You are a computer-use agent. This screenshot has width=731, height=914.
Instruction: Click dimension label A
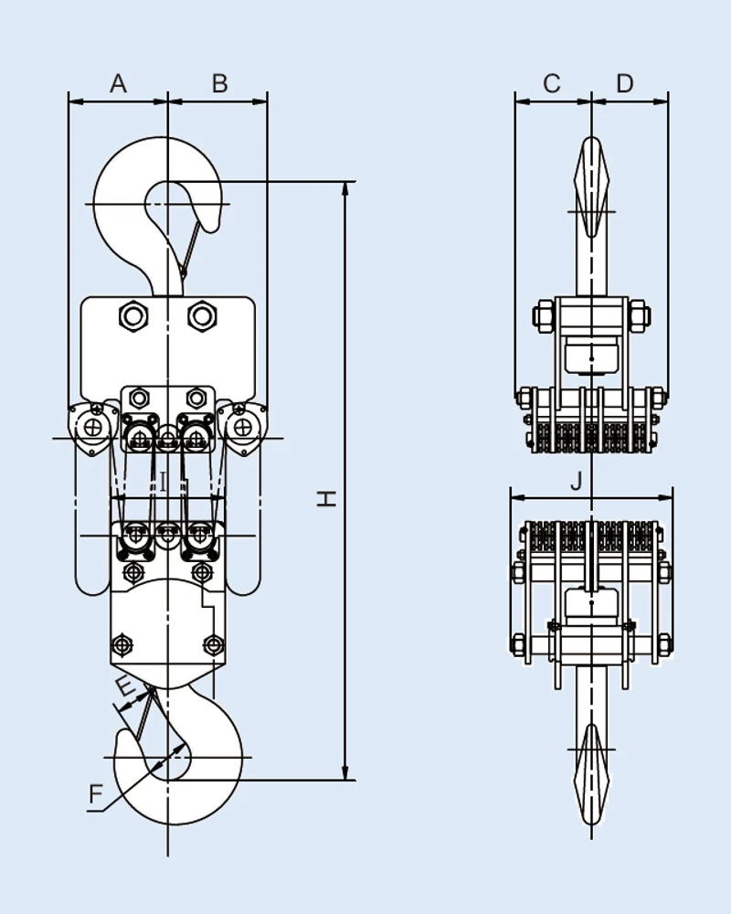tap(118, 84)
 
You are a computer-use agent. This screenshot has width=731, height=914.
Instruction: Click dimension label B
tap(219, 84)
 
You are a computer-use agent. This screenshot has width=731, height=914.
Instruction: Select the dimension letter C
tap(552, 84)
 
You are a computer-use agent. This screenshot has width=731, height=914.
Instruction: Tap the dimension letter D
tap(625, 84)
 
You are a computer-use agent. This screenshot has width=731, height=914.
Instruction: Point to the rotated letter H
tap(326, 498)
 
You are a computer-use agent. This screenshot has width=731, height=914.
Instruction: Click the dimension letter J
tap(576, 482)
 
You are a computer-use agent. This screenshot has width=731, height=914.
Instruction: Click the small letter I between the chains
tap(162, 482)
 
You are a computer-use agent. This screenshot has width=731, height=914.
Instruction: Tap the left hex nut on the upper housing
tap(134, 316)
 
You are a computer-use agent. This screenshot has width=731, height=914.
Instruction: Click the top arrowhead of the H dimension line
tap(345, 188)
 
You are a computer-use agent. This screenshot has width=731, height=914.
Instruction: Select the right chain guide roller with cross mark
tap(242, 427)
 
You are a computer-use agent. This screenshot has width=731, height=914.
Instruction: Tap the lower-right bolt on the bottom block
tap(213, 644)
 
